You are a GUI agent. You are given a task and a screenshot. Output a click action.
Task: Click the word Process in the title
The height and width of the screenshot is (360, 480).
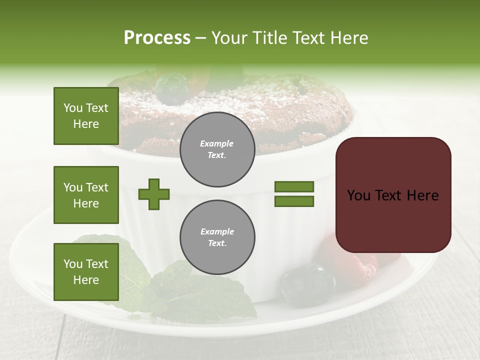157,38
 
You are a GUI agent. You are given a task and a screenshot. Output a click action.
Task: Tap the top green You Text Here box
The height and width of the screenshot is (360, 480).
86,116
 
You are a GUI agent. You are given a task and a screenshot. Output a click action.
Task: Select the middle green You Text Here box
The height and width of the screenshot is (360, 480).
86,195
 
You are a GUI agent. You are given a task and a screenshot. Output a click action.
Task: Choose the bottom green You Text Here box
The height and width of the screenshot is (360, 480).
86,272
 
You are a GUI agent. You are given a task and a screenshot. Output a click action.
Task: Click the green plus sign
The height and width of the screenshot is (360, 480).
154,194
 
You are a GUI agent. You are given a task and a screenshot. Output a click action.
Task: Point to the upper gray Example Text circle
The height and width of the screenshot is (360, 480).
217,149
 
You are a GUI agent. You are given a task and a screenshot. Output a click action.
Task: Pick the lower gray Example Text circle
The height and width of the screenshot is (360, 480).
217,237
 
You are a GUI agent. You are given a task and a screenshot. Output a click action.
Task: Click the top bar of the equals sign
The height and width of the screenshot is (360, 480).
294,186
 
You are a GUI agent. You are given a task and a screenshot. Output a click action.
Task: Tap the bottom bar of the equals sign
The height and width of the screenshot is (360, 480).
294,201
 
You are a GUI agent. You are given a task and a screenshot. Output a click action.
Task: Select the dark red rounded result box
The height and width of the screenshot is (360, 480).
393,194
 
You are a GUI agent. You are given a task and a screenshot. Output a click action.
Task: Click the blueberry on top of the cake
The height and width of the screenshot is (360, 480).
171,88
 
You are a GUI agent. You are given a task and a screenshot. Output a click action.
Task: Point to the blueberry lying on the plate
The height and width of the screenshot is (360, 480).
307,284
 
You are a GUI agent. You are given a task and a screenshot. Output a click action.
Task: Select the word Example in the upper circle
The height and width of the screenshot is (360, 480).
217,143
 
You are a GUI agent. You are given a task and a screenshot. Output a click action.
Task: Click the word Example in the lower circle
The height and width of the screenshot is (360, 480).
217,231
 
